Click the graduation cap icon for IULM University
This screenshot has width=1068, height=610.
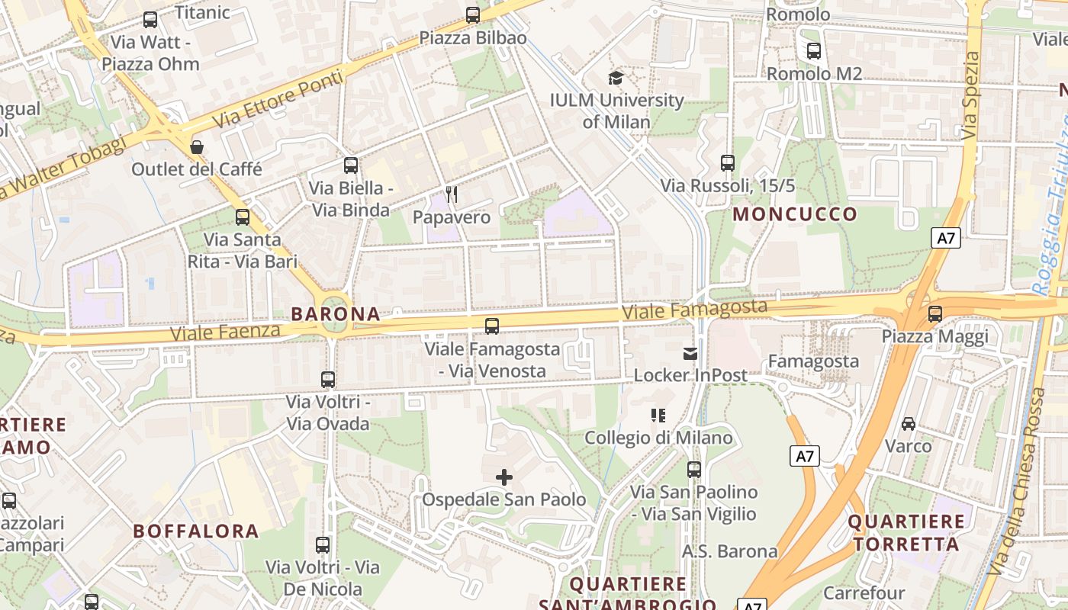click(x=616, y=77)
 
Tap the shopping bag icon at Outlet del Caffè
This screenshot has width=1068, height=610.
click(x=197, y=146)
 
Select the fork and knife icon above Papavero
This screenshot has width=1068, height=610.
click(x=452, y=194)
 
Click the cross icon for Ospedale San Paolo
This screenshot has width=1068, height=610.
click(x=504, y=478)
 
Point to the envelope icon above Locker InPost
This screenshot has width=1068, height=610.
click(x=690, y=353)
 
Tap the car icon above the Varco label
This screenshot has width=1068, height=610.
click(x=909, y=423)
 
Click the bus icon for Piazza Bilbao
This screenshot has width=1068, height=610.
click(x=473, y=14)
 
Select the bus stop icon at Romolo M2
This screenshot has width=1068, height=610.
click(x=814, y=51)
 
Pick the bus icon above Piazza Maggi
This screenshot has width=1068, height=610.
click(x=935, y=313)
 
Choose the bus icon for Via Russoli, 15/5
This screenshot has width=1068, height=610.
click(x=728, y=162)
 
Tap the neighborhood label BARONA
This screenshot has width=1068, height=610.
click(x=336, y=313)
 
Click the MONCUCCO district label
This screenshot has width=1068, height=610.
click(x=795, y=214)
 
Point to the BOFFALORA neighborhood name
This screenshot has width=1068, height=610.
click(x=196, y=531)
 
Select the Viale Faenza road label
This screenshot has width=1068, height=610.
click(x=226, y=332)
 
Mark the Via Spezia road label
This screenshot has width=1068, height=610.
click(x=970, y=95)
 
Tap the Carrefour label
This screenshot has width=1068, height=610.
click(x=864, y=592)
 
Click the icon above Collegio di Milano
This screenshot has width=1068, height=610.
click(x=658, y=416)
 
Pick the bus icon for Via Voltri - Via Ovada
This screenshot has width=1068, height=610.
click(x=328, y=379)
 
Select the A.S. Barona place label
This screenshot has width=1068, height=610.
click(x=729, y=551)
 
